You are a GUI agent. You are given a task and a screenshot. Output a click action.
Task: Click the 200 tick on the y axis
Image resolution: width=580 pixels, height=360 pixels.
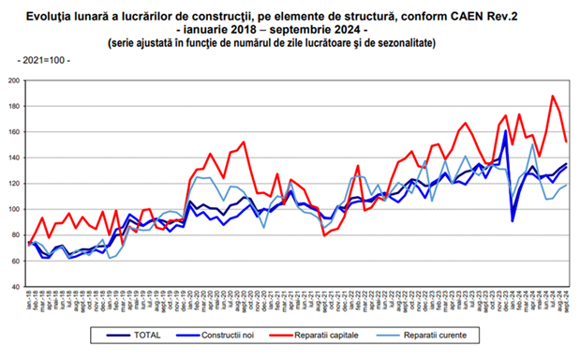16,81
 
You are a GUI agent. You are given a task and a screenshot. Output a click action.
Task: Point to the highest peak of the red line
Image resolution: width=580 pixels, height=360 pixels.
553,96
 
